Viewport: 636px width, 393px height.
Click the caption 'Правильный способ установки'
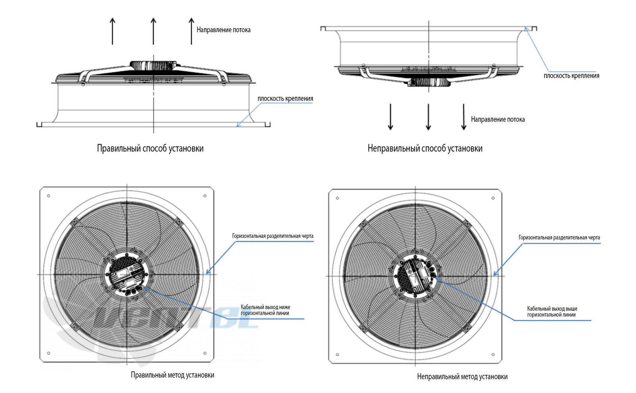click(150, 148)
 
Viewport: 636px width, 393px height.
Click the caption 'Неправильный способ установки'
click(425, 148)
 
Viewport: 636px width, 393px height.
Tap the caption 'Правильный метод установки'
click(172, 375)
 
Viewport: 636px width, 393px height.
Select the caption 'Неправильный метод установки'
click(462, 377)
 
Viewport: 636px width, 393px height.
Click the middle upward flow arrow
click(153, 31)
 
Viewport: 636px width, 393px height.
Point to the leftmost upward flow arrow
click(113, 31)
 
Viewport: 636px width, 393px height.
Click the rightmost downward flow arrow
click(464, 117)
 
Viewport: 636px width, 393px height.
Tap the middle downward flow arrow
click(428, 117)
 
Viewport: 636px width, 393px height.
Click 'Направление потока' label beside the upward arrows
click(223, 30)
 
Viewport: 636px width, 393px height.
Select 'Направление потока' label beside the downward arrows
click(498, 119)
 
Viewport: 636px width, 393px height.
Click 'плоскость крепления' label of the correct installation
click(285, 99)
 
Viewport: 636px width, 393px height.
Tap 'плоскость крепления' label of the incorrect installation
click(571, 76)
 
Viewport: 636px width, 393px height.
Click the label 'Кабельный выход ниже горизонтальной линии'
click(265, 310)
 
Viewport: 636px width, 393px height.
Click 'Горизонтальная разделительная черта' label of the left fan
click(273, 236)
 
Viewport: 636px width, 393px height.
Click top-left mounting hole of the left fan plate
click(49, 196)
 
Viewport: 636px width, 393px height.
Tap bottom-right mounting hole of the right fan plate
click(493, 354)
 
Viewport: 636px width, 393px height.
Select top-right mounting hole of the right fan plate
click(493, 198)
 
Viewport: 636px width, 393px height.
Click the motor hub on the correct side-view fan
click(153, 65)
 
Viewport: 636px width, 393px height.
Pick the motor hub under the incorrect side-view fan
click(429, 82)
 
